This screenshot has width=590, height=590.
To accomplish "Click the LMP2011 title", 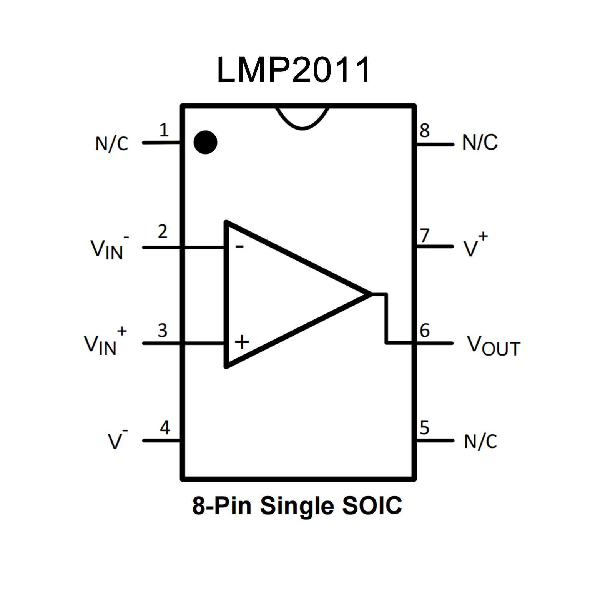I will [x=294, y=70].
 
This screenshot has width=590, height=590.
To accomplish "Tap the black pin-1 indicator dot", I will [x=205, y=142].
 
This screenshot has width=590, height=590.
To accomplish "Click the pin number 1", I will [x=164, y=130].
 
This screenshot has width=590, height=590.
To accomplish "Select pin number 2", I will [x=163, y=232].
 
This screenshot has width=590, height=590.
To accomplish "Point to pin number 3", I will [x=163, y=331].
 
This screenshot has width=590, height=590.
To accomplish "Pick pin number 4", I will [x=165, y=428].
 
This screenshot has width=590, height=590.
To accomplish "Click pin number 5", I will [x=424, y=428].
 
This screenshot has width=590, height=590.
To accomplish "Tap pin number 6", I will [x=425, y=331].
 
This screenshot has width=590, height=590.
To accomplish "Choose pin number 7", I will [x=424, y=235].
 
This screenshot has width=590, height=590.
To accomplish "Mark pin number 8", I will [x=424, y=131].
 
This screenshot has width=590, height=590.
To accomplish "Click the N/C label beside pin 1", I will [x=111, y=144].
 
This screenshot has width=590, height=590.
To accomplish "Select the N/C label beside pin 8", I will [x=480, y=142].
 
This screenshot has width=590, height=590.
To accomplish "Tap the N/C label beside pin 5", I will [x=480, y=442].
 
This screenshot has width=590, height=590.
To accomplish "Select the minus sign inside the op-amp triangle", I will [x=239, y=246].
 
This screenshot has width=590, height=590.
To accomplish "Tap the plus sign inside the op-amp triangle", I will [x=242, y=342].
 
